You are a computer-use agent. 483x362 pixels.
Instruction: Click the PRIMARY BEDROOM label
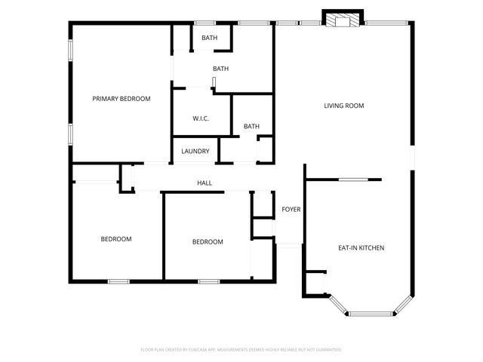(x=121, y=99)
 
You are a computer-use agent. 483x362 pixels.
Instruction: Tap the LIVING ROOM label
(x=344, y=106)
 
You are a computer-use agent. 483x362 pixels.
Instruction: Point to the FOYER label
(x=291, y=209)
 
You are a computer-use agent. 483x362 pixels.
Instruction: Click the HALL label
(x=205, y=183)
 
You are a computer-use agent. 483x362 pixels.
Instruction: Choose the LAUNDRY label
(x=195, y=152)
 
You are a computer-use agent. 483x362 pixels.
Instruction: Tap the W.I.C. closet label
(x=200, y=118)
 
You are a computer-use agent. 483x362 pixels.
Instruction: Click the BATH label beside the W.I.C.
(x=251, y=127)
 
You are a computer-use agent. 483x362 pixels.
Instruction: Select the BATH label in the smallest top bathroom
(x=209, y=38)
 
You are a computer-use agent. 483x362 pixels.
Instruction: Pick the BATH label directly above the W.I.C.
(x=220, y=69)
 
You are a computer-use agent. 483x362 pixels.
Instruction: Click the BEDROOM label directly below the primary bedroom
(x=116, y=239)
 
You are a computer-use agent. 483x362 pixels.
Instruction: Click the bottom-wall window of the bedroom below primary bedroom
(x=119, y=281)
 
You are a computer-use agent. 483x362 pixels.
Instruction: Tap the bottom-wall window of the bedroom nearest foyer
(x=208, y=281)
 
